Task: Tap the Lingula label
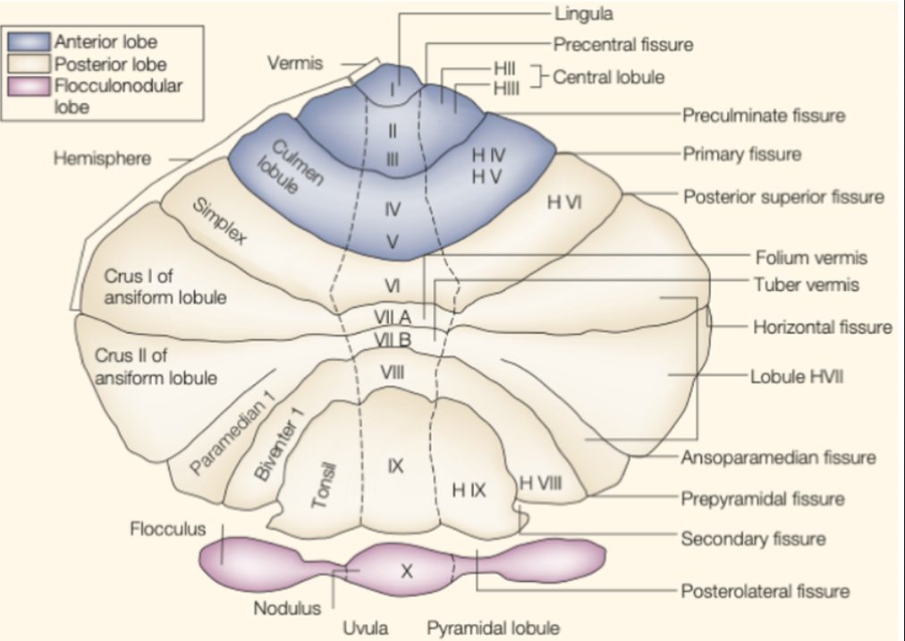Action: coord(583,14)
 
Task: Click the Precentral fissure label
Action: coord(622,44)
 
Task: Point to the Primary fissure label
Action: coord(741,154)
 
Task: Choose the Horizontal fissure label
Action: coord(822,327)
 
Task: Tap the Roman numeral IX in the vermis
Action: coord(396,466)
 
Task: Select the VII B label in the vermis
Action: coord(393,339)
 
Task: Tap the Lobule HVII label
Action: coord(796,377)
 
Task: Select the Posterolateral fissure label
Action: coord(765,591)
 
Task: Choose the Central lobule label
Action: coord(608,77)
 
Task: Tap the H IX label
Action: coord(468,490)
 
